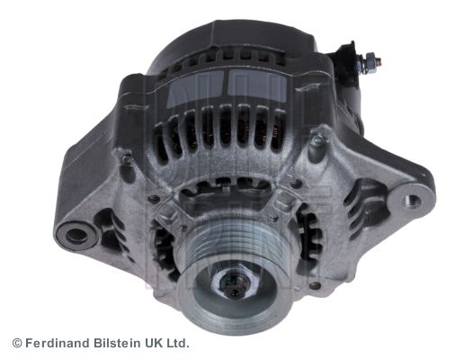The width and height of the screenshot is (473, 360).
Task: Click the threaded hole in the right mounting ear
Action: click(x=412, y=200)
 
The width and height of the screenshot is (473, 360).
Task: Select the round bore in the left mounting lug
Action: click(x=76, y=236)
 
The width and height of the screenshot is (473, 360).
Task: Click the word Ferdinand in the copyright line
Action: click(x=58, y=344)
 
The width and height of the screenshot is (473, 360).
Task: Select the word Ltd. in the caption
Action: click(x=178, y=344)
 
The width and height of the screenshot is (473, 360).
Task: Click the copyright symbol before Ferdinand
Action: click(x=17, y=344)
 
